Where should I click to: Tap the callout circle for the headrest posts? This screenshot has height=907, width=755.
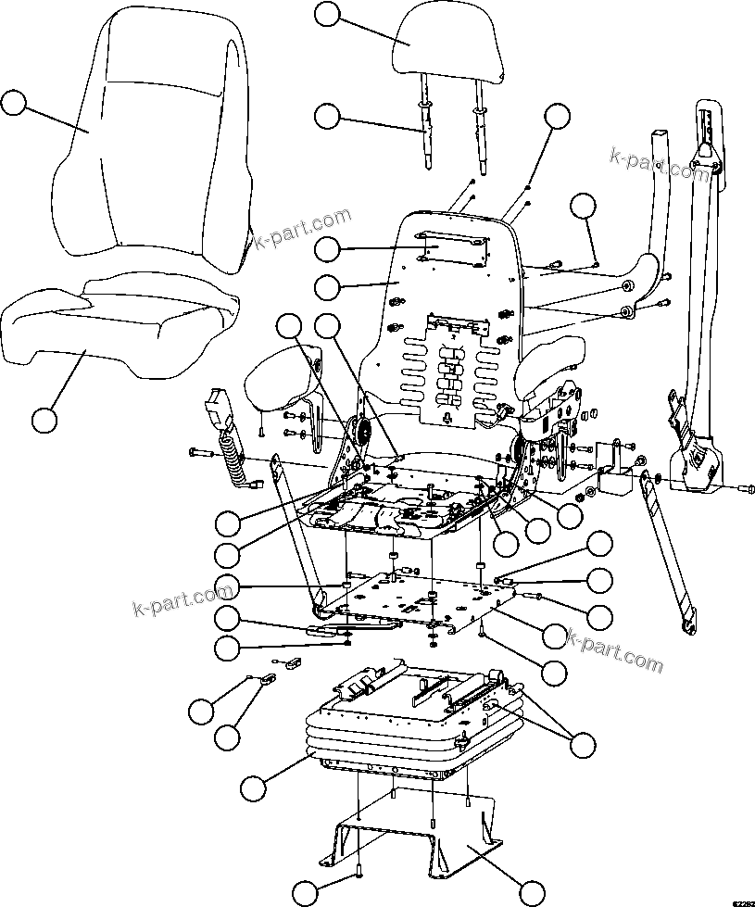(328, 116)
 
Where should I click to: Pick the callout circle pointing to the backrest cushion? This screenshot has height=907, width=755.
(13, 102)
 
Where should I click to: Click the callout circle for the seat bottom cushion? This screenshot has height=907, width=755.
(43, 419)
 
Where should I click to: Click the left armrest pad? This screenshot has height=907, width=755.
(275, 383)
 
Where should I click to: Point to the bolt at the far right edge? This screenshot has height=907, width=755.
(747, 487)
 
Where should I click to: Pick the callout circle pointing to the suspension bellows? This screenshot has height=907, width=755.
(252, 788)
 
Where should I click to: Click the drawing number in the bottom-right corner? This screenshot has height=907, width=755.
(741, 901)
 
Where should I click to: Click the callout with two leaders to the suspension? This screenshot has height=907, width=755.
(583, 744)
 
